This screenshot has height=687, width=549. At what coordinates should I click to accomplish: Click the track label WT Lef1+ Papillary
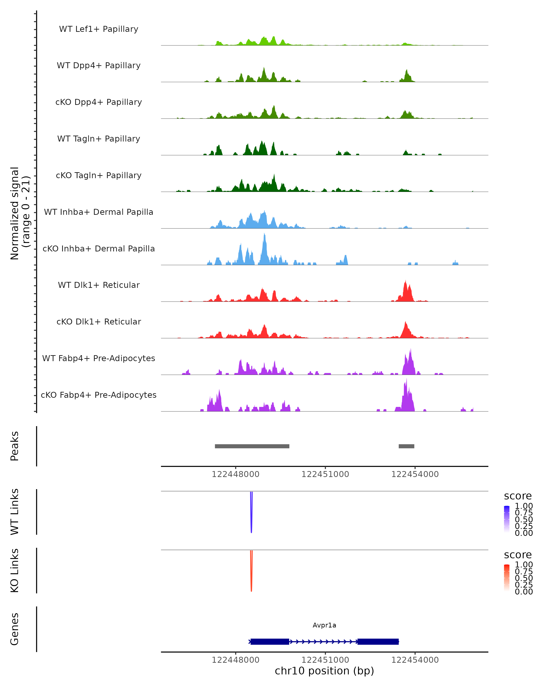[x=99, y=29]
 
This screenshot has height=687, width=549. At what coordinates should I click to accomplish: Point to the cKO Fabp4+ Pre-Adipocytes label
[x=99, y=395]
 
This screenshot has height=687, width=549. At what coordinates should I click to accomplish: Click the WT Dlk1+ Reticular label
[x=99, y=285]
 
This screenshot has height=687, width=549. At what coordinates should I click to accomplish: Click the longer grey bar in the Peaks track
[x=252, y=446]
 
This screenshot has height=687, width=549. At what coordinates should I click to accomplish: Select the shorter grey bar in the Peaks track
[x=406, y=446]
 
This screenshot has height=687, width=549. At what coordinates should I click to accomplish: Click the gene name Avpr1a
[x=324, y=625]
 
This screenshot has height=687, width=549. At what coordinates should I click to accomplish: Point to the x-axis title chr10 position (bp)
[x=324, y=671]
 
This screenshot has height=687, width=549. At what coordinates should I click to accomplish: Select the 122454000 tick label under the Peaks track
[x=415, y=474]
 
